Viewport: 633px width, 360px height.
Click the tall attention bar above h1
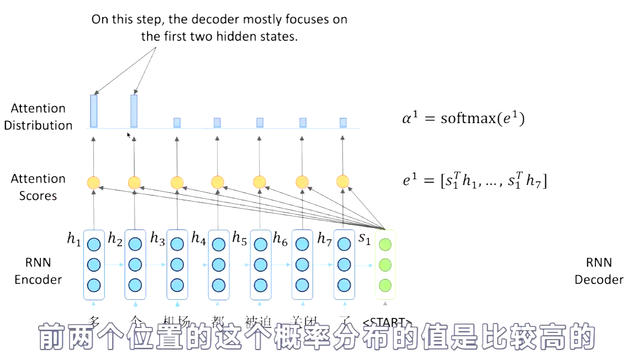(x=93, y=110)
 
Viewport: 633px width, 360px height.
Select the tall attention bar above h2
(x=134, y=110)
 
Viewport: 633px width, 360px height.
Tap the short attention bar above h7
(x=343, y=122)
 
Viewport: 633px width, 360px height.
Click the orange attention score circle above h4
(x=218, y=182)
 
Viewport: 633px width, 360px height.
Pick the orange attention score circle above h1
(x=93, y=183)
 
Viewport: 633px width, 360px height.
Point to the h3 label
(x=157, y=239)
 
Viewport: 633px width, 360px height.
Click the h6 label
(x=281, y=239)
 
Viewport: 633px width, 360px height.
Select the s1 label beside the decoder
(x=365, y=239)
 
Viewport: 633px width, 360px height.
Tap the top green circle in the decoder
(x=385, y=244)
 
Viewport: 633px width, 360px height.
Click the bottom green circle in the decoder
(x=385, y=285)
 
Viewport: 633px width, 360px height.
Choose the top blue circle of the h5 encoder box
(x=260, y=244)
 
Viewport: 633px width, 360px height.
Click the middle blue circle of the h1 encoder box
(x=93, y=264)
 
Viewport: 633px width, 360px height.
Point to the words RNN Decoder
(x=599, y=271)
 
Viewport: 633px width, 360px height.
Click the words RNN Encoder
(x=38, y=271)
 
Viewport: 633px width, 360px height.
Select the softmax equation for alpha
(x=462, y=118)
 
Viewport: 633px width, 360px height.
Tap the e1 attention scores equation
(x=474, y=181)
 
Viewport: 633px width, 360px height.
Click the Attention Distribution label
(x=38, y=117)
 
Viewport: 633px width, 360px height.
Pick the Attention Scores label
(x=38, y=187)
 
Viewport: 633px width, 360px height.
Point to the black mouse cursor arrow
(x=129, y=135)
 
